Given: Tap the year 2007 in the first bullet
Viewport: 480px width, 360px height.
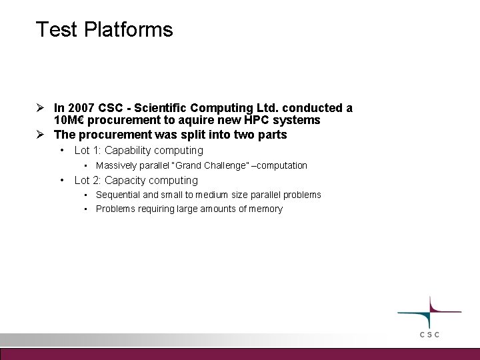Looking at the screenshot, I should tap(79, 108).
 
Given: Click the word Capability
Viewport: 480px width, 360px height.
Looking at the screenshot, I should tap(128, 151).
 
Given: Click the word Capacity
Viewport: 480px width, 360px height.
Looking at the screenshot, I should tap(126, 180).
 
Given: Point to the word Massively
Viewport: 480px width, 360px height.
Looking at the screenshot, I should tap(115, 165).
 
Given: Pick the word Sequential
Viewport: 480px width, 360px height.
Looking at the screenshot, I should tap(117, 195).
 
